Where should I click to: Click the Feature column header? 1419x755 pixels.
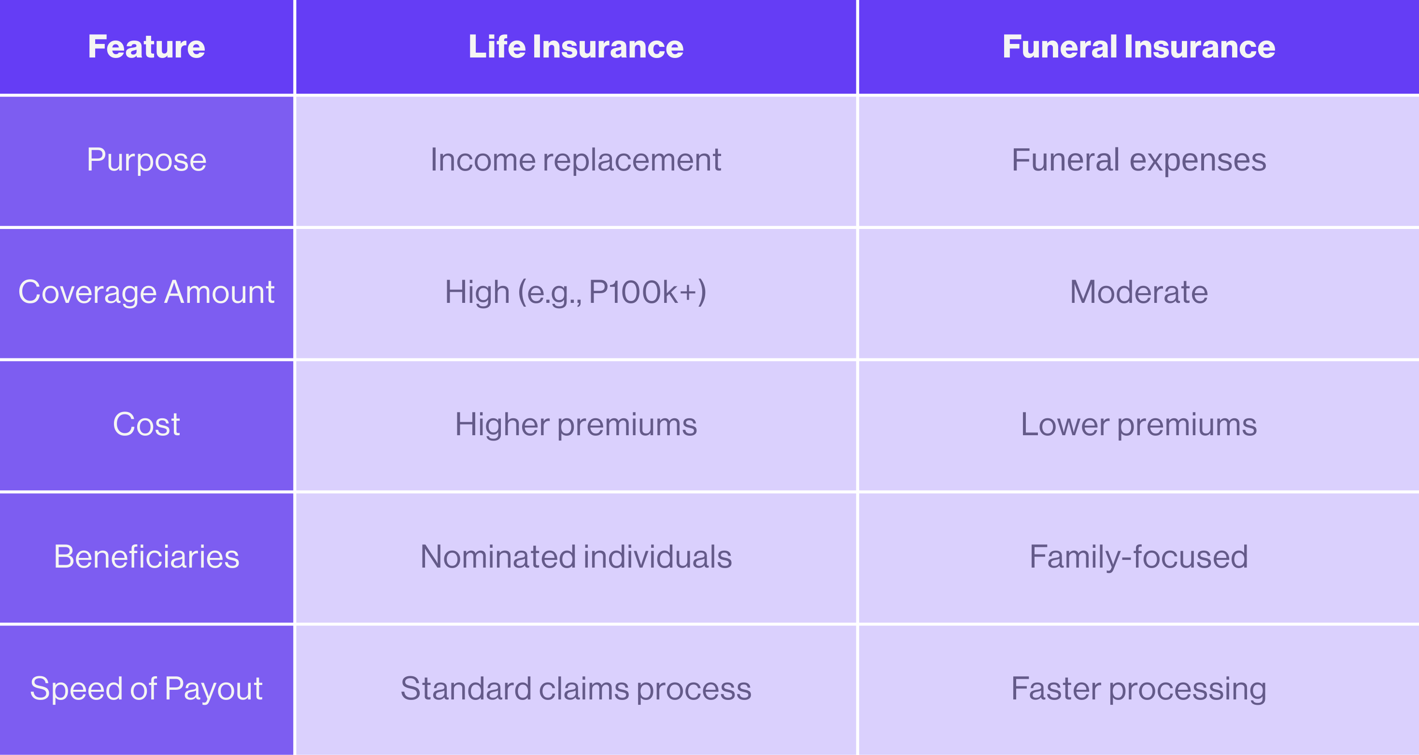pos(146,47)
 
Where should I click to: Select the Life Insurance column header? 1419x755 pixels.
pos(576,47)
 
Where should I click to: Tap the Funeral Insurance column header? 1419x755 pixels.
pos(1138,47)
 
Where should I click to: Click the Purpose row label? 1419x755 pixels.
pos(146,161)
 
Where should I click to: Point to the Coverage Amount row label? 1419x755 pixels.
pos(146,292)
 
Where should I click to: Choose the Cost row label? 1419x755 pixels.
pos(146,425)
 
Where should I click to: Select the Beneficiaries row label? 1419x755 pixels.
pos(146,556)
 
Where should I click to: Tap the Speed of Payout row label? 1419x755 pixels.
pos(146,690)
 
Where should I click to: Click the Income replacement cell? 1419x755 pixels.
pos(576,161)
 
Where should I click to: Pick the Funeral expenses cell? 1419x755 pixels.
pos(1138,161)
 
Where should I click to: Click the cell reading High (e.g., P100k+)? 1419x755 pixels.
pos(576,293)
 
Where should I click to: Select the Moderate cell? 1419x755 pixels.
pos(1138,292)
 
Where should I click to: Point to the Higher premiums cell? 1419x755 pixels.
pos(576,426)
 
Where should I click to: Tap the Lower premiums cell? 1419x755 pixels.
pos(1138,426)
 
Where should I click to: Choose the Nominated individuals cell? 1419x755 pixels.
pos(576,556)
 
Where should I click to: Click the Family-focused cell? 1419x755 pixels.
pos(1138,557)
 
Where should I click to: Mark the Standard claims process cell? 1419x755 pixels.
pos(576,690)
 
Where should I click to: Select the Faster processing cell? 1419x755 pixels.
pos(1138,690)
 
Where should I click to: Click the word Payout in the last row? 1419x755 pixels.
pos(214,690)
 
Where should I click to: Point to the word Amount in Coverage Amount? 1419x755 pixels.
pos(219,292)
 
